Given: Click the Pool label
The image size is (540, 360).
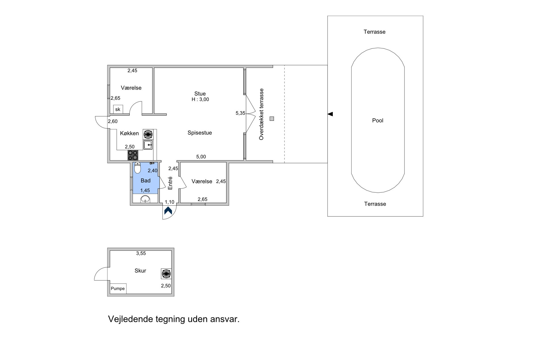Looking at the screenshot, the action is [x=378, y=120].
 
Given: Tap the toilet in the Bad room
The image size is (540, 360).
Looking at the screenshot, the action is [x=138, y=168].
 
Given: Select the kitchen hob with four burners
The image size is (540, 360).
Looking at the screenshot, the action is [x=133, y=155].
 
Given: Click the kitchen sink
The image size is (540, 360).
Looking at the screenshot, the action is [x=148, y=145].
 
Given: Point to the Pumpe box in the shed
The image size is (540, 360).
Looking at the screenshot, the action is [x=118, y=289].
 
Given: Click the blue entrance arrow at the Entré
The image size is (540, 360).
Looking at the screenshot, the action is [x=168, y=211].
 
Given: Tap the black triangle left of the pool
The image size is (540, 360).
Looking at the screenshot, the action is [x=330, y=114].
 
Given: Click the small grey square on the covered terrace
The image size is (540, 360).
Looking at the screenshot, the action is [x=272, y=119].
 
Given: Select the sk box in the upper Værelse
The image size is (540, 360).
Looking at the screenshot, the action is [x=118, y=109].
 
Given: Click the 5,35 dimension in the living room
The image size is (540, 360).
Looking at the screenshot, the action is [x=240, y=113].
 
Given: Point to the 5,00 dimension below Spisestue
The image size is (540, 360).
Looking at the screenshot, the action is [x=201, y=157].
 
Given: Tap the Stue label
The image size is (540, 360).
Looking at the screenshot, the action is [x=200, y=94].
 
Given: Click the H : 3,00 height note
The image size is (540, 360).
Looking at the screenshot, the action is [x=200, y=99].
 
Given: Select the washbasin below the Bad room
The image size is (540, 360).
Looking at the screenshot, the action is [x=146, y=199].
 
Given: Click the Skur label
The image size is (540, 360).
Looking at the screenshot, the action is [x=140, y=271].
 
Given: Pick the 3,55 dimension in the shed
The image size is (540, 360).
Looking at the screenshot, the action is [x=141, y=253].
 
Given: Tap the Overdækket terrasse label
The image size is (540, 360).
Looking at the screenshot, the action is [x=261, y=114].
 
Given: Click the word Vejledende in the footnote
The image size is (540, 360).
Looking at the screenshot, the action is [x=131, y=319].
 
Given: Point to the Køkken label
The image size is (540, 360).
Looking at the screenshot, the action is [x=129, y=133].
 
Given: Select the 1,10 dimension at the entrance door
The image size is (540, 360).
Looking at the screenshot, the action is [x=170, y=202].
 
